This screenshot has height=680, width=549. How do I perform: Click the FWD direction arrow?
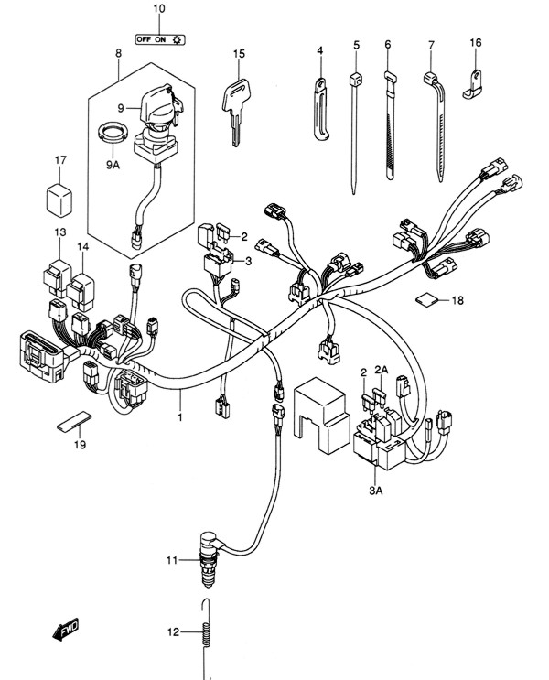click(x=66, y=630)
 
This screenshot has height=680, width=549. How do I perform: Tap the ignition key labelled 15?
click(x=234, y=108)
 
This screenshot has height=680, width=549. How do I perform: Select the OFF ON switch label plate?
click(x=160, y=39)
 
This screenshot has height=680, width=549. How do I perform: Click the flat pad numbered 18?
click(x=426, y=300)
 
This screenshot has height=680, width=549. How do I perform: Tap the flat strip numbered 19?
click(x=75, y=421)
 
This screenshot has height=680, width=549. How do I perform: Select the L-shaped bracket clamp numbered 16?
click(x=472, y=84)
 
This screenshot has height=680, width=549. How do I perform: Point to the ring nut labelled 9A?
click(x=113, y=132)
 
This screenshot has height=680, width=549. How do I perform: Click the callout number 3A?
click(x=376, y=491)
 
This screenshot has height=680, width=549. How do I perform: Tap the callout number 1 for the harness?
click(x=180, y=417)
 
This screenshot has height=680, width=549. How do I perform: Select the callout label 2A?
click(x=382, y=370)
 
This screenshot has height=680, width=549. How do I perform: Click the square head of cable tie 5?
click(x=356, y=80)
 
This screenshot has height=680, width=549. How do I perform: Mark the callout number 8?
click(x=118, y=53)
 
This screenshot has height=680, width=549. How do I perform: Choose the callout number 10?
click(x=159, y=8)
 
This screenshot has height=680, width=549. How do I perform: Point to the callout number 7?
click(x=431, y=45)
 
